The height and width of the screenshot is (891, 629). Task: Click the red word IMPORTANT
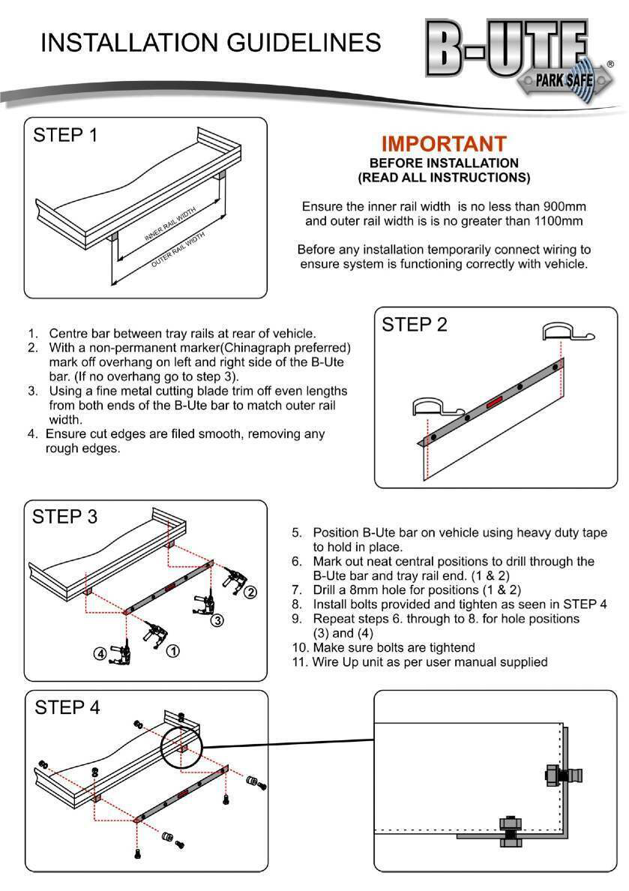point(443,144)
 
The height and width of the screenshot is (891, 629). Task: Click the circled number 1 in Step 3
point(172,650)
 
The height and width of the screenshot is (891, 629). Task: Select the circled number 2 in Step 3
point(251,592)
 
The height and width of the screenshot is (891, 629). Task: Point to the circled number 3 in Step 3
point(216,620)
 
